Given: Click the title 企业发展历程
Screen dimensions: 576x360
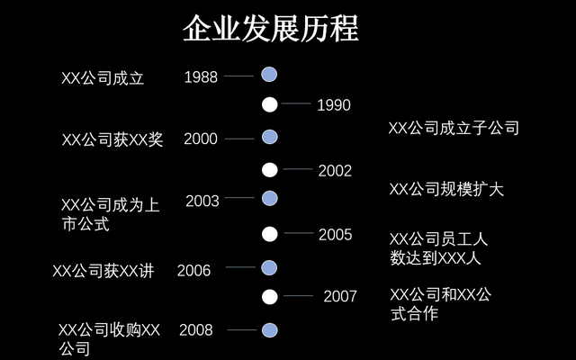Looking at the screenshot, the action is click(x=270, y=29).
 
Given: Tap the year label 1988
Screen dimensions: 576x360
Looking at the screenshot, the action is click(x=201, y=77).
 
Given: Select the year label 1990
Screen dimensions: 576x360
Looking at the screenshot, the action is click(x=333, y=105).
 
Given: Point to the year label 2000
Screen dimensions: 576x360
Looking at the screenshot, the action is click(x=201, y=139).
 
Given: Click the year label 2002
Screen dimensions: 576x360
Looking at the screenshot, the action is click(x=335, y=171).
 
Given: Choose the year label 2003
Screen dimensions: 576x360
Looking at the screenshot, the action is click(x=202, y=202).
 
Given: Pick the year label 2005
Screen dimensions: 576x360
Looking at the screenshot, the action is click(x=335, y=235).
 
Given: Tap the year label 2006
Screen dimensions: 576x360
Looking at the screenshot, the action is click(x=194, y=270).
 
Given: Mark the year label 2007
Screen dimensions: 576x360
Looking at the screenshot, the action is click(x=340, y=296).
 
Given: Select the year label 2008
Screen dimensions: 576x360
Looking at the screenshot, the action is click(x=195, y=330).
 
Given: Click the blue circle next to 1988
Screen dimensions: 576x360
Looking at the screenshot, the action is click(x=268, y=75).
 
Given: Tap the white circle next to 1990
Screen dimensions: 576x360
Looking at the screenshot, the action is click(x=269, y=104).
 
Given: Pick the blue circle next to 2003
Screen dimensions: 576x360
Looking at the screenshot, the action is click(x=268, y=198).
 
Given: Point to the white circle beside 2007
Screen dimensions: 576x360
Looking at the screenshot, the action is click(x=269, y=296).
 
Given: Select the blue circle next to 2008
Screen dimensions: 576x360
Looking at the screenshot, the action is click(x=268, y=330).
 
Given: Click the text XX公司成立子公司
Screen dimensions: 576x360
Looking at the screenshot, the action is click(x=454, y=129).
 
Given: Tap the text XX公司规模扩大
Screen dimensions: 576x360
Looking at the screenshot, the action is click(x=446, y=190).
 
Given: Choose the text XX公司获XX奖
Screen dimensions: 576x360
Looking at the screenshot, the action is click(x=112, y=139).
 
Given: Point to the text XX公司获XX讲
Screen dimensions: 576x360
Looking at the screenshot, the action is click(x=103, y=271).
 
